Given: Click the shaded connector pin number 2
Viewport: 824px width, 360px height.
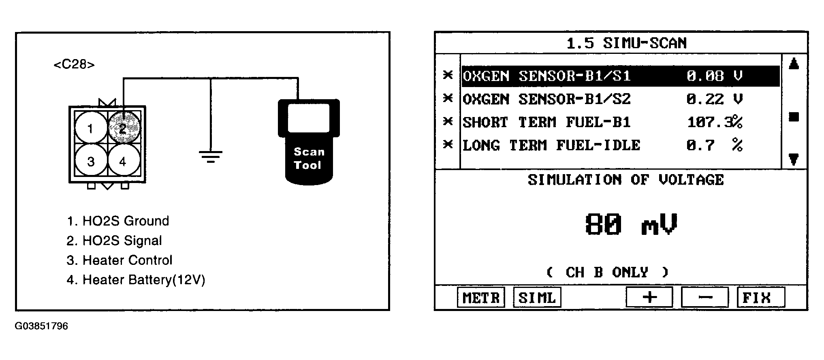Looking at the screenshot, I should tap(124, 128).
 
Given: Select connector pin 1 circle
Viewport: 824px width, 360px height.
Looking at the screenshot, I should tap(91, 128).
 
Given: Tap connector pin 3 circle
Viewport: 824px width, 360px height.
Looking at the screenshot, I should tap(91, 161).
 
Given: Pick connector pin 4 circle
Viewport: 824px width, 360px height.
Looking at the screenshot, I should tap(124, 161).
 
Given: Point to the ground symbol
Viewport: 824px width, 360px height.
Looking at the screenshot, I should tap(210, 156).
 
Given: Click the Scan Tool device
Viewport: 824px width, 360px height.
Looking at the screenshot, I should tap(309, 142).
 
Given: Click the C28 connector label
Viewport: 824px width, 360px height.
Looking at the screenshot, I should tap(74, 65).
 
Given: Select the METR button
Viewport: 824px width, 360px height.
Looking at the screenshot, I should tap(481, 298).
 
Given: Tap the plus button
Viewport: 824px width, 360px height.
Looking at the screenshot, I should tap(649, 298).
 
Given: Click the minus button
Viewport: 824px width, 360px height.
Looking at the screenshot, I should tap(705, 298).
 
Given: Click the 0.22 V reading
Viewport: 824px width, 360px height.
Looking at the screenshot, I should tap(714, 99).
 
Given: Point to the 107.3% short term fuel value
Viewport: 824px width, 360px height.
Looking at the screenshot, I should tap(715, 122).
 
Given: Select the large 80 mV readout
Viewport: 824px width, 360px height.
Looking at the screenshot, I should tap(631, 224).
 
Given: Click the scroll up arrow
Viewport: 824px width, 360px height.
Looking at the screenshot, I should tap(794, 64).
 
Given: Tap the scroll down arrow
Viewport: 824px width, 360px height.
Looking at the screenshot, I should tap(794, 160).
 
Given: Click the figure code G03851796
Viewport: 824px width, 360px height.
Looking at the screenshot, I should tap(41, 326).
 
